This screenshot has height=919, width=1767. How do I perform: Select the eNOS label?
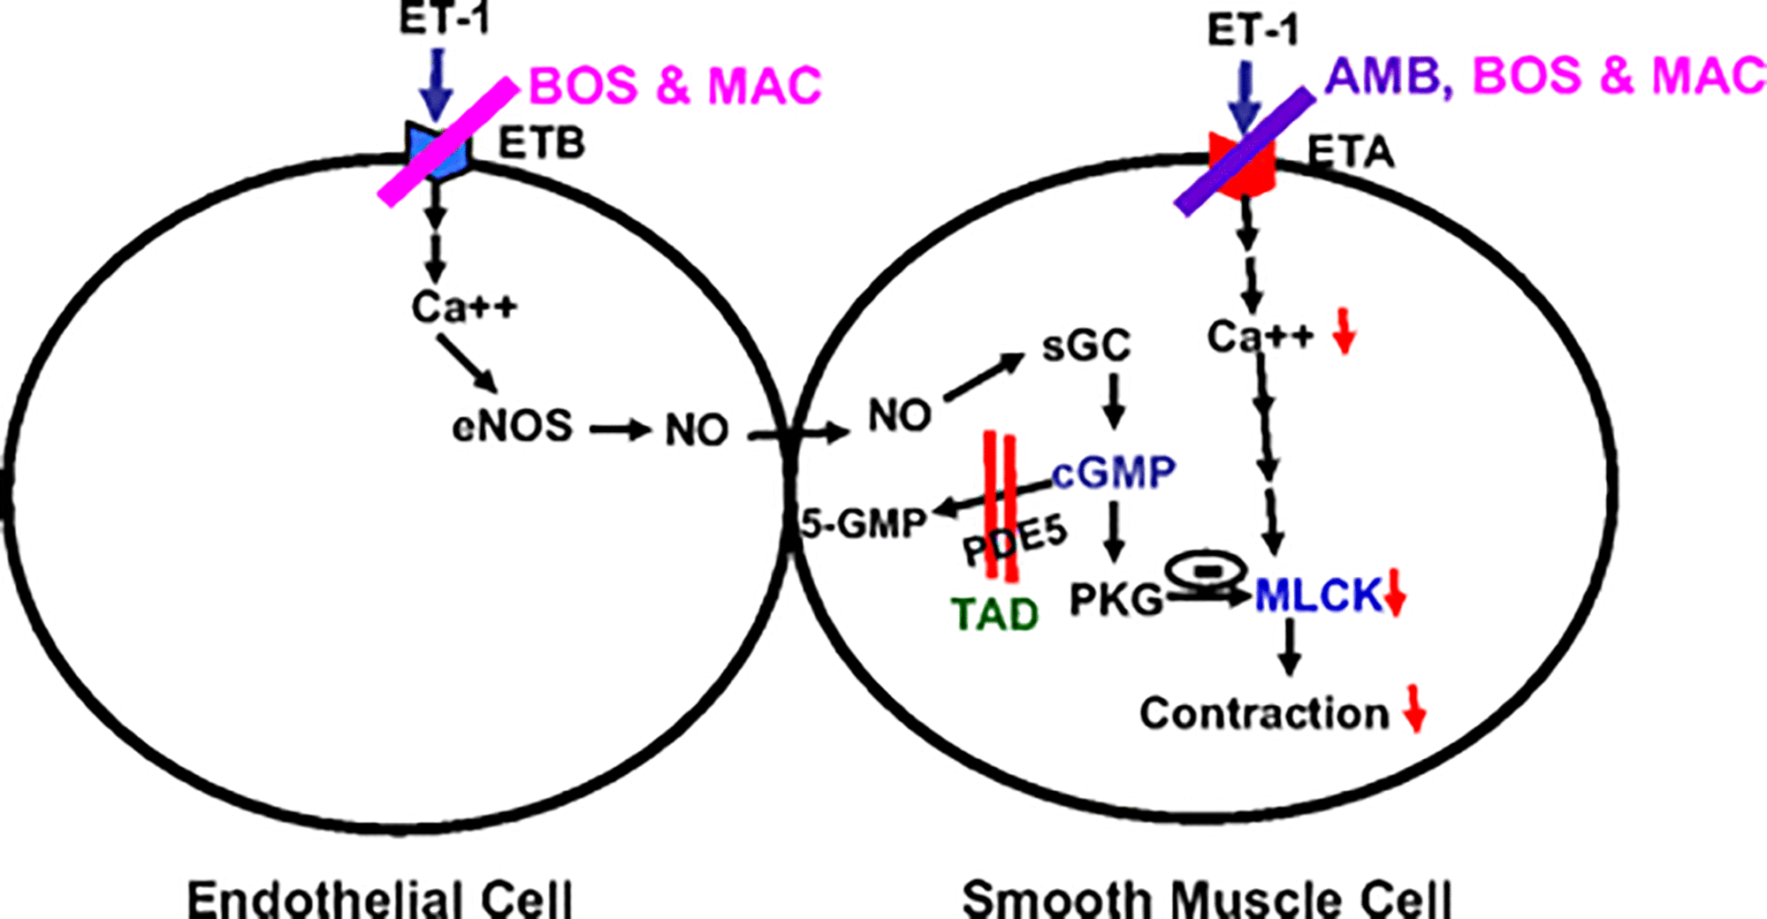click(512, 427)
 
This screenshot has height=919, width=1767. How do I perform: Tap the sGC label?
click(1086, 346)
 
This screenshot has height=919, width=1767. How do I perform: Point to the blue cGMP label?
click(1115, 473)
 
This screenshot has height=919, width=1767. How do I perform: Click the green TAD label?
click(995, 614)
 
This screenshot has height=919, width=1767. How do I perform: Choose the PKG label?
click(1116, 600)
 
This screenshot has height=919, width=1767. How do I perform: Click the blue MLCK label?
click(1317, 596)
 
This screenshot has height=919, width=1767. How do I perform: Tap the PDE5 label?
click(1016, 541)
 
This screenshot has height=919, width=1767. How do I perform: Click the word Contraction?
click(1264, 713)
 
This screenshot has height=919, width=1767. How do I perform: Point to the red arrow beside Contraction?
click(1415, 709)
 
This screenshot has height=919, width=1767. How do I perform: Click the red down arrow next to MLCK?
click(1395, 595)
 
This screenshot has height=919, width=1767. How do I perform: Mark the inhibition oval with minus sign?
click(1206, 570)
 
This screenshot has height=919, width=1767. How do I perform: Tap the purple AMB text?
click(1387, 76)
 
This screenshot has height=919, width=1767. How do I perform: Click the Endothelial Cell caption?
click(380, 899)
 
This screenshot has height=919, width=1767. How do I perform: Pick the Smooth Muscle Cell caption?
click(1207, 899)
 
